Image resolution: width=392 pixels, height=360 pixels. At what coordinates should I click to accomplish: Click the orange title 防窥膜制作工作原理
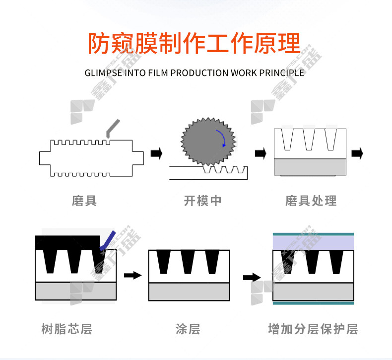click(194, 43)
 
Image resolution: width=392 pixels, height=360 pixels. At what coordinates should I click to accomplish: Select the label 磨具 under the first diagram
click(84, 201)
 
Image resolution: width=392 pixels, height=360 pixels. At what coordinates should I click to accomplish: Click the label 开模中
click(202, 201)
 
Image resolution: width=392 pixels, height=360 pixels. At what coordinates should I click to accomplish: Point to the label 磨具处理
click(311, 201)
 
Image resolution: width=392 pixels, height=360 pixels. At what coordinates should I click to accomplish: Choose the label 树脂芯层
click(66, 329)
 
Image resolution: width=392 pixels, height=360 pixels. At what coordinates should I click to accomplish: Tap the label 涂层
click(188, 329)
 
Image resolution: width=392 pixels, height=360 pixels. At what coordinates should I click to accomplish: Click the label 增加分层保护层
click(313, 329)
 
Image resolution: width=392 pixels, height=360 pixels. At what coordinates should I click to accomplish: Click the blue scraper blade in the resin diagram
click(108, 240)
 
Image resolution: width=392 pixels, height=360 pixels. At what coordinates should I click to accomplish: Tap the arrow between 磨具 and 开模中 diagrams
click(156, 153)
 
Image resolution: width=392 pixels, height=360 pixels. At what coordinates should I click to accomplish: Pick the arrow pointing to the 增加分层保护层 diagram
click(252, 277)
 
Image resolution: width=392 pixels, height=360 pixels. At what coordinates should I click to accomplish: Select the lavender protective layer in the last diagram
click(313, 242)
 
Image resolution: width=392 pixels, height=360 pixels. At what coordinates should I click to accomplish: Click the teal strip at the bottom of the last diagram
click(313, 302)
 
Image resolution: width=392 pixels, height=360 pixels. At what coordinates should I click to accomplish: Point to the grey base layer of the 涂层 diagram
click(189, 291)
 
